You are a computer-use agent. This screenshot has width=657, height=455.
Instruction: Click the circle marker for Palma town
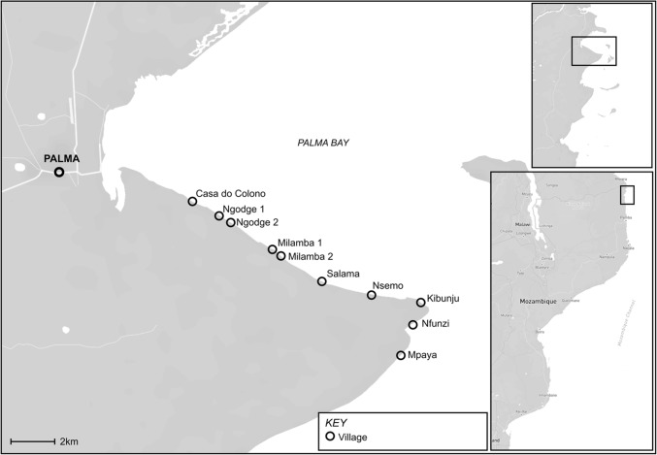(59, 172)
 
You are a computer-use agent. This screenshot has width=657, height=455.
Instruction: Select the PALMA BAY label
(322, 143)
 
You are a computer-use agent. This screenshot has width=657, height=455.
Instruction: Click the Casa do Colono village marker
(192, 202)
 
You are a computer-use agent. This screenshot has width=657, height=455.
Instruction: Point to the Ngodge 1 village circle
(219, 215)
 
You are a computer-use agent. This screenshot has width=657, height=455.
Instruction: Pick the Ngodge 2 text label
(258, 222)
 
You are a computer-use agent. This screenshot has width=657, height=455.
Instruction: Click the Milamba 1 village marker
(273, 249)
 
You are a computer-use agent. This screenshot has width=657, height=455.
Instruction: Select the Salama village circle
(322, 281)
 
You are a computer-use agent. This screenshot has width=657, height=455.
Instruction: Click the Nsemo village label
(389, 287)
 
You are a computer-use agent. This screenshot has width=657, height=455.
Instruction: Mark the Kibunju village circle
(420, 303)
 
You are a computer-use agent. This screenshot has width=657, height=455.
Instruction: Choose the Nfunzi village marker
(412, 325)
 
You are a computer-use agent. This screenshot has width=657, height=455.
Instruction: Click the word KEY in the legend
(336, 423)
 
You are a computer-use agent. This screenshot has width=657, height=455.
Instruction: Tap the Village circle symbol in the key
(330, 437)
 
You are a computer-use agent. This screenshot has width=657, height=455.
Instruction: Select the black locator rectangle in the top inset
(593, 50)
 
